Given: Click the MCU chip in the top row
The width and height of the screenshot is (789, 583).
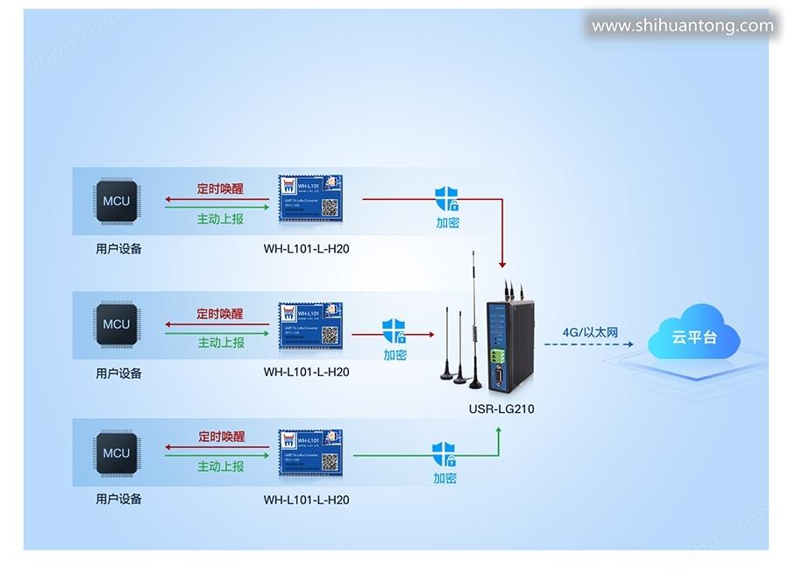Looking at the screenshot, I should point(116,202).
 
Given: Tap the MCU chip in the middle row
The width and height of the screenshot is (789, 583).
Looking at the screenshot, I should point(116,324).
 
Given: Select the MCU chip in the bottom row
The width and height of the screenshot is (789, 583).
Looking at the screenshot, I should point(116,453).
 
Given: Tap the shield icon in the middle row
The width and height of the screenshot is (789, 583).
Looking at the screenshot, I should point(394,332).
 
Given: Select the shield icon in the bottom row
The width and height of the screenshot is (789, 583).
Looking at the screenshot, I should point(444,455).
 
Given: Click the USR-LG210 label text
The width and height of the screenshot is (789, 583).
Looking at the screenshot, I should point(501,409).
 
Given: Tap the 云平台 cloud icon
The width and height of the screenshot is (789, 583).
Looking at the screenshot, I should point(693,337).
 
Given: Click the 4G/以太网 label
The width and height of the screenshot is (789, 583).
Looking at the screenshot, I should point(590,332).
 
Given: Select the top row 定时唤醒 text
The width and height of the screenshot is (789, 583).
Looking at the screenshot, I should point(220,188).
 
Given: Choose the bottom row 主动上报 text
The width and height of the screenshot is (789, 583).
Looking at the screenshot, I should point(220,466).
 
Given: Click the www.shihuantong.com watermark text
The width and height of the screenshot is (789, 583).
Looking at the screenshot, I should point(682,25).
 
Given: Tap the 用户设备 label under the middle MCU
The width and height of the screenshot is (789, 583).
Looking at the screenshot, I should point(118,373).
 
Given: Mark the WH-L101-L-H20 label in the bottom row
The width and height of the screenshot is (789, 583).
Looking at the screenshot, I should point(306,500).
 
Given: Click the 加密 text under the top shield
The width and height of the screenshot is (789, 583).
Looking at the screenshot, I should point(447,223).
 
